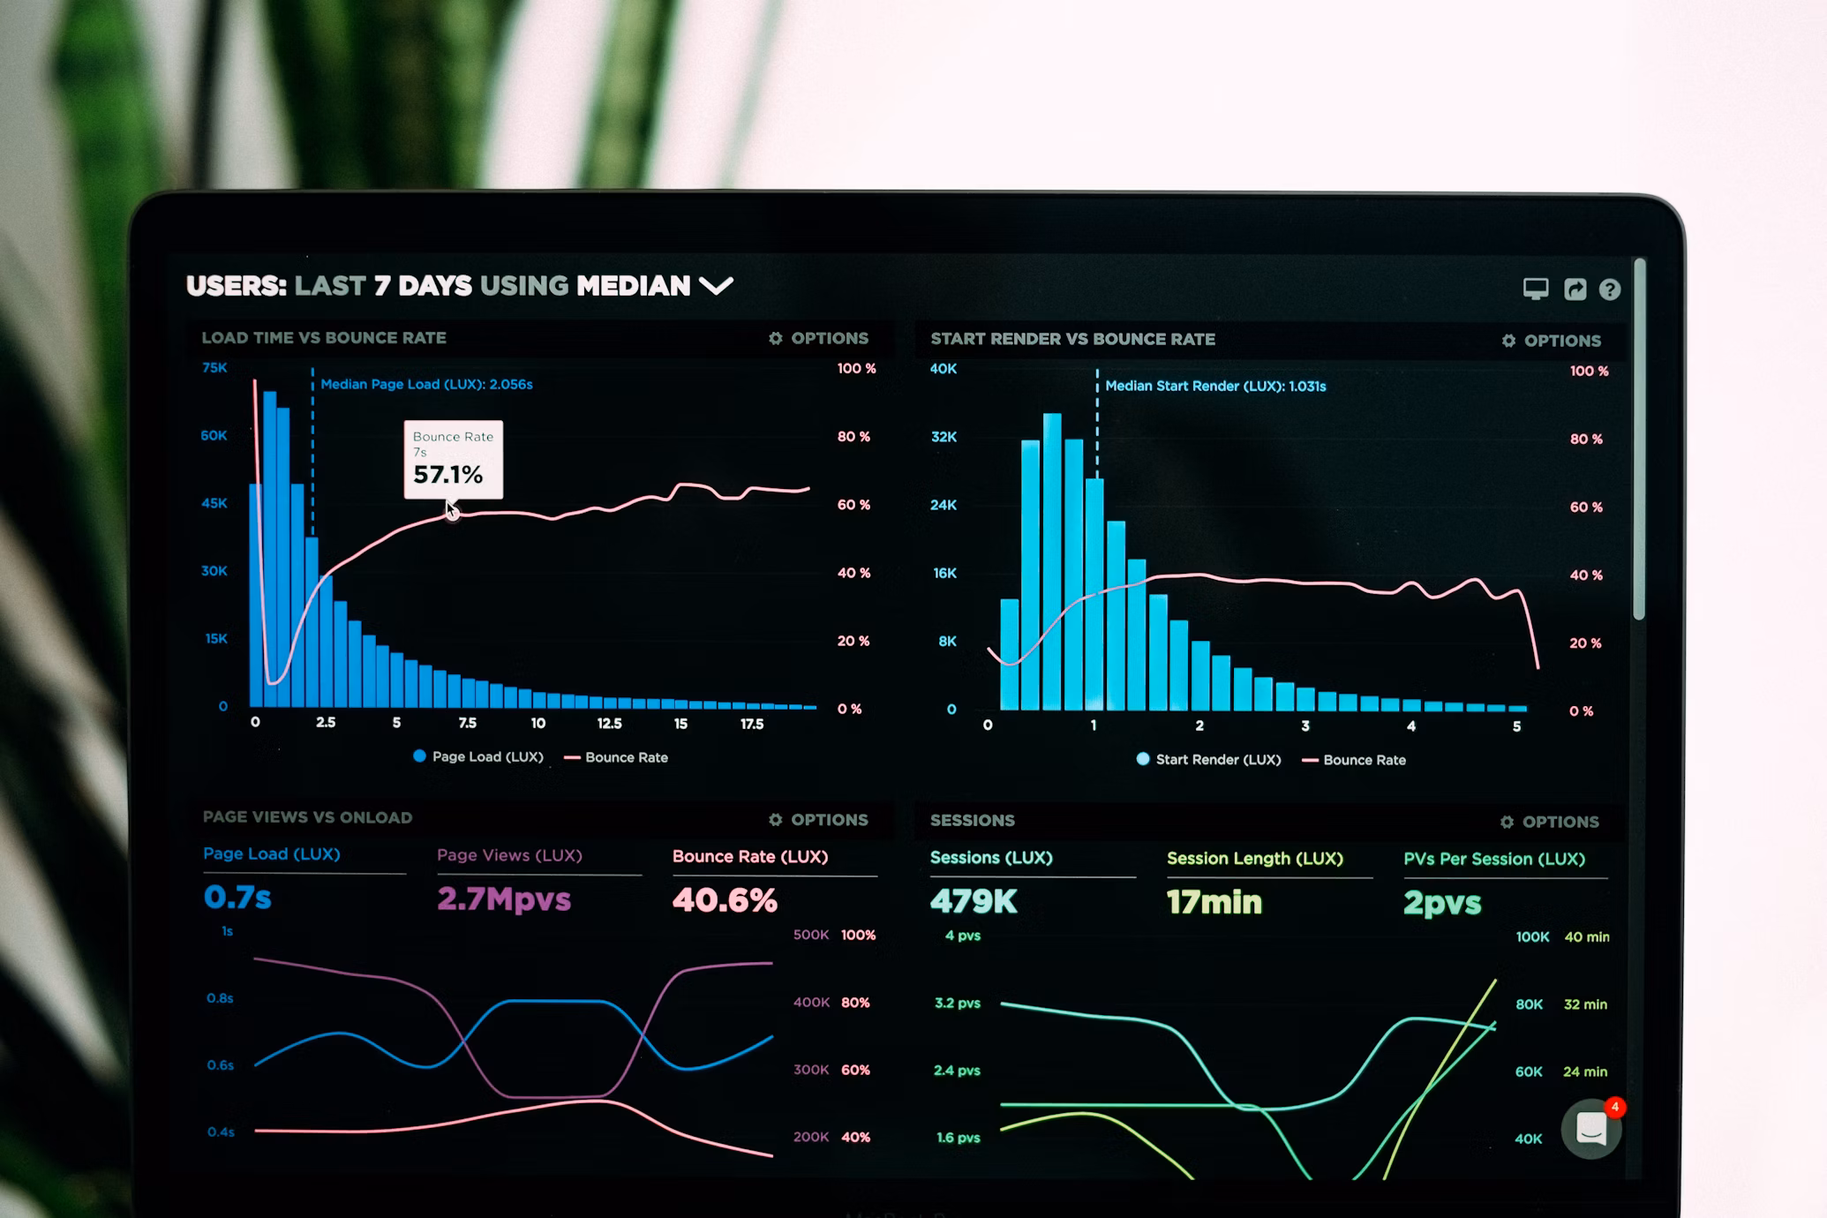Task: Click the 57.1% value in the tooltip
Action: (x=448, y=475)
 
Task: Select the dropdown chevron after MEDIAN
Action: (x=716, y=286)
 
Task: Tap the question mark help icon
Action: (x=1609, y=289)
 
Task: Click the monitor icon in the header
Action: (x=1535, y=289)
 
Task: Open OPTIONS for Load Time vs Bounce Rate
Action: (x=818, y=338)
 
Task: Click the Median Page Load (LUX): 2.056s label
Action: (x=426, y=384)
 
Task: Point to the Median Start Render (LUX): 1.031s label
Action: (x=1214, y=386)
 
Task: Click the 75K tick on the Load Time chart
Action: (x=214, y=367)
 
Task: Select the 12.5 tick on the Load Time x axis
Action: (x=609, y=723)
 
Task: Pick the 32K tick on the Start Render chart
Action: (x=944, y=437)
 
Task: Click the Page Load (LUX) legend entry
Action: (x=478, y=756)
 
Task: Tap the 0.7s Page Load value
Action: (x=237, y=897)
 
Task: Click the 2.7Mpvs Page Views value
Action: (x=504, y=898)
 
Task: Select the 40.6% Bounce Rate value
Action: (x=725, y=900)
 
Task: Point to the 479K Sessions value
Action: (x=974, y=901)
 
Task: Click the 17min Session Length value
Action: (x=1214, y=902)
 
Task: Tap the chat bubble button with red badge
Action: (x=1590, y=1128)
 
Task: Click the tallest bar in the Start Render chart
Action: (x=1051, y=565)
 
